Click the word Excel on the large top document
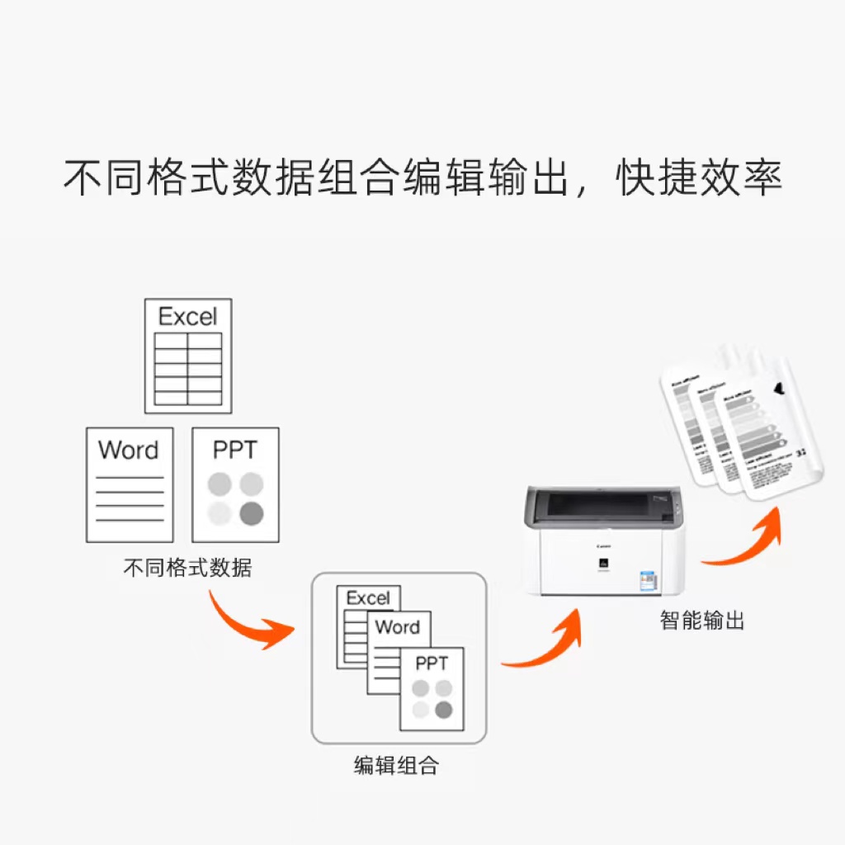[x=188, y=317]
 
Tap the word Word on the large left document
[x=128, y=451]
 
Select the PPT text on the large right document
[x=235, y=451]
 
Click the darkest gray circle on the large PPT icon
[x=251, y=513]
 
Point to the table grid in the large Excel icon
[x=188, y=369]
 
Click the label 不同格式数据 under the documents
[x=187, y=568]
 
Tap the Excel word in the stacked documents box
[x=368, y=598]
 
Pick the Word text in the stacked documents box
[x=398, y=627]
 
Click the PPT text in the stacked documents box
[x=432, y=663]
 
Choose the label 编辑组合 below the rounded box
[x=396, y=766]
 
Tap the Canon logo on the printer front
[x=603, y=546]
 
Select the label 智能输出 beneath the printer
[x=702, y=621]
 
